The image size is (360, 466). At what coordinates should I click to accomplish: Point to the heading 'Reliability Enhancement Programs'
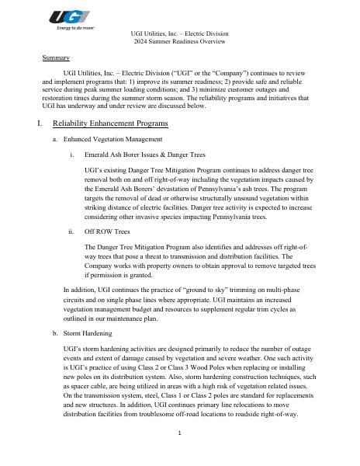coord(109,124)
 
